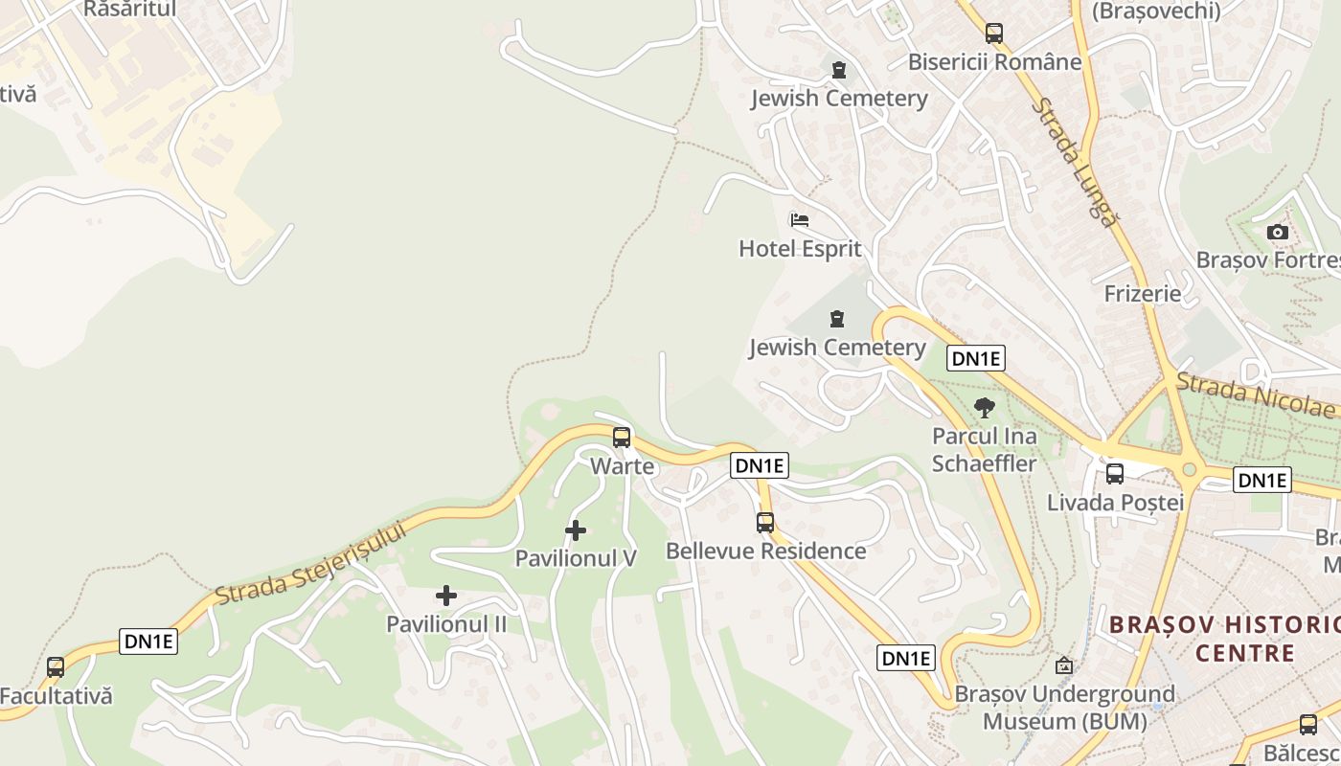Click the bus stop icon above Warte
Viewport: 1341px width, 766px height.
(x=622, y=438)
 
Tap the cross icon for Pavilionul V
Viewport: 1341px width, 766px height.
(x=576, y=530)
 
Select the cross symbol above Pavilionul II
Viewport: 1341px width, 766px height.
(x=446, y=597)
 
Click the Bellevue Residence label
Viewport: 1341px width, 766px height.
(x=765, y=552)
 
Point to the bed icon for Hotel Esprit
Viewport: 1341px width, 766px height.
(x=800, y=220)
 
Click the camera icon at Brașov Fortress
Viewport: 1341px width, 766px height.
(x=1277, y=232)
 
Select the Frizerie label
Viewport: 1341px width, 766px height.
(x=1143, y=294)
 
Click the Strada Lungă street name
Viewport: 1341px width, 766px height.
(x=1075, y=163)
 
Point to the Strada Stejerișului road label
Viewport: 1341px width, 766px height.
(x=311, y=565)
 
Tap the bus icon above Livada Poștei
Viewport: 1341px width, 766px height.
(x=1115, y=473)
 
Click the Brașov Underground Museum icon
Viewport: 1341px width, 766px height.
(x=1064, y=665)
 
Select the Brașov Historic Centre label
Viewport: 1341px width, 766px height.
(x=1224, y=639)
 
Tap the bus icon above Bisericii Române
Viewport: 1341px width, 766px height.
(x=994, y=34)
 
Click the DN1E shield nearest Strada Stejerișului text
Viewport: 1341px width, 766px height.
(x=148, y=642)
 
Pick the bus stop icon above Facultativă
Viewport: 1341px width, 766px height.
(x=56, y=667)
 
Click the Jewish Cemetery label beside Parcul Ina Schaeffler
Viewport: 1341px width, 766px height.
(x=837, y=348)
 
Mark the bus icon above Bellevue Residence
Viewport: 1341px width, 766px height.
(x=765, y=523)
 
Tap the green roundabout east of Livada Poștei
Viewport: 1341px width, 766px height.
(x=1189, y=469)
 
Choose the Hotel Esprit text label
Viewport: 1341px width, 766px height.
(x=800, y=249)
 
